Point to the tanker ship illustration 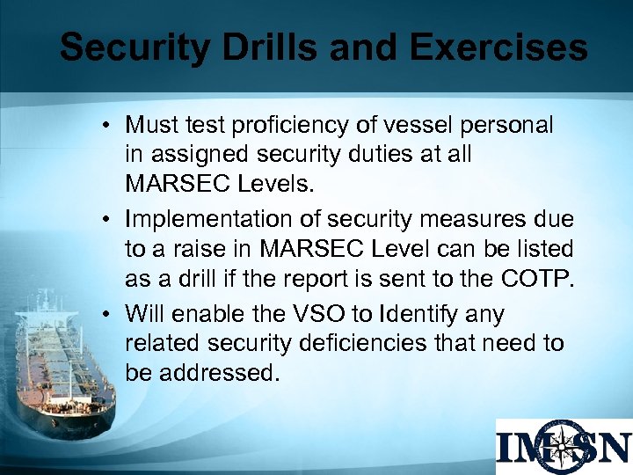click(x=62, y=352)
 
